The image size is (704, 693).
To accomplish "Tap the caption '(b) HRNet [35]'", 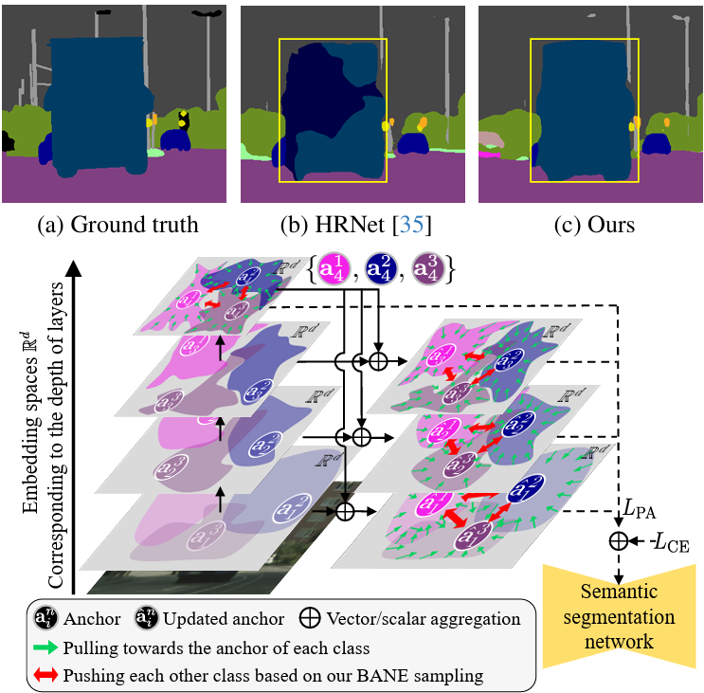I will click(352, 226).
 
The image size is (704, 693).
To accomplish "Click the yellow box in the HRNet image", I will click(333, 111).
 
